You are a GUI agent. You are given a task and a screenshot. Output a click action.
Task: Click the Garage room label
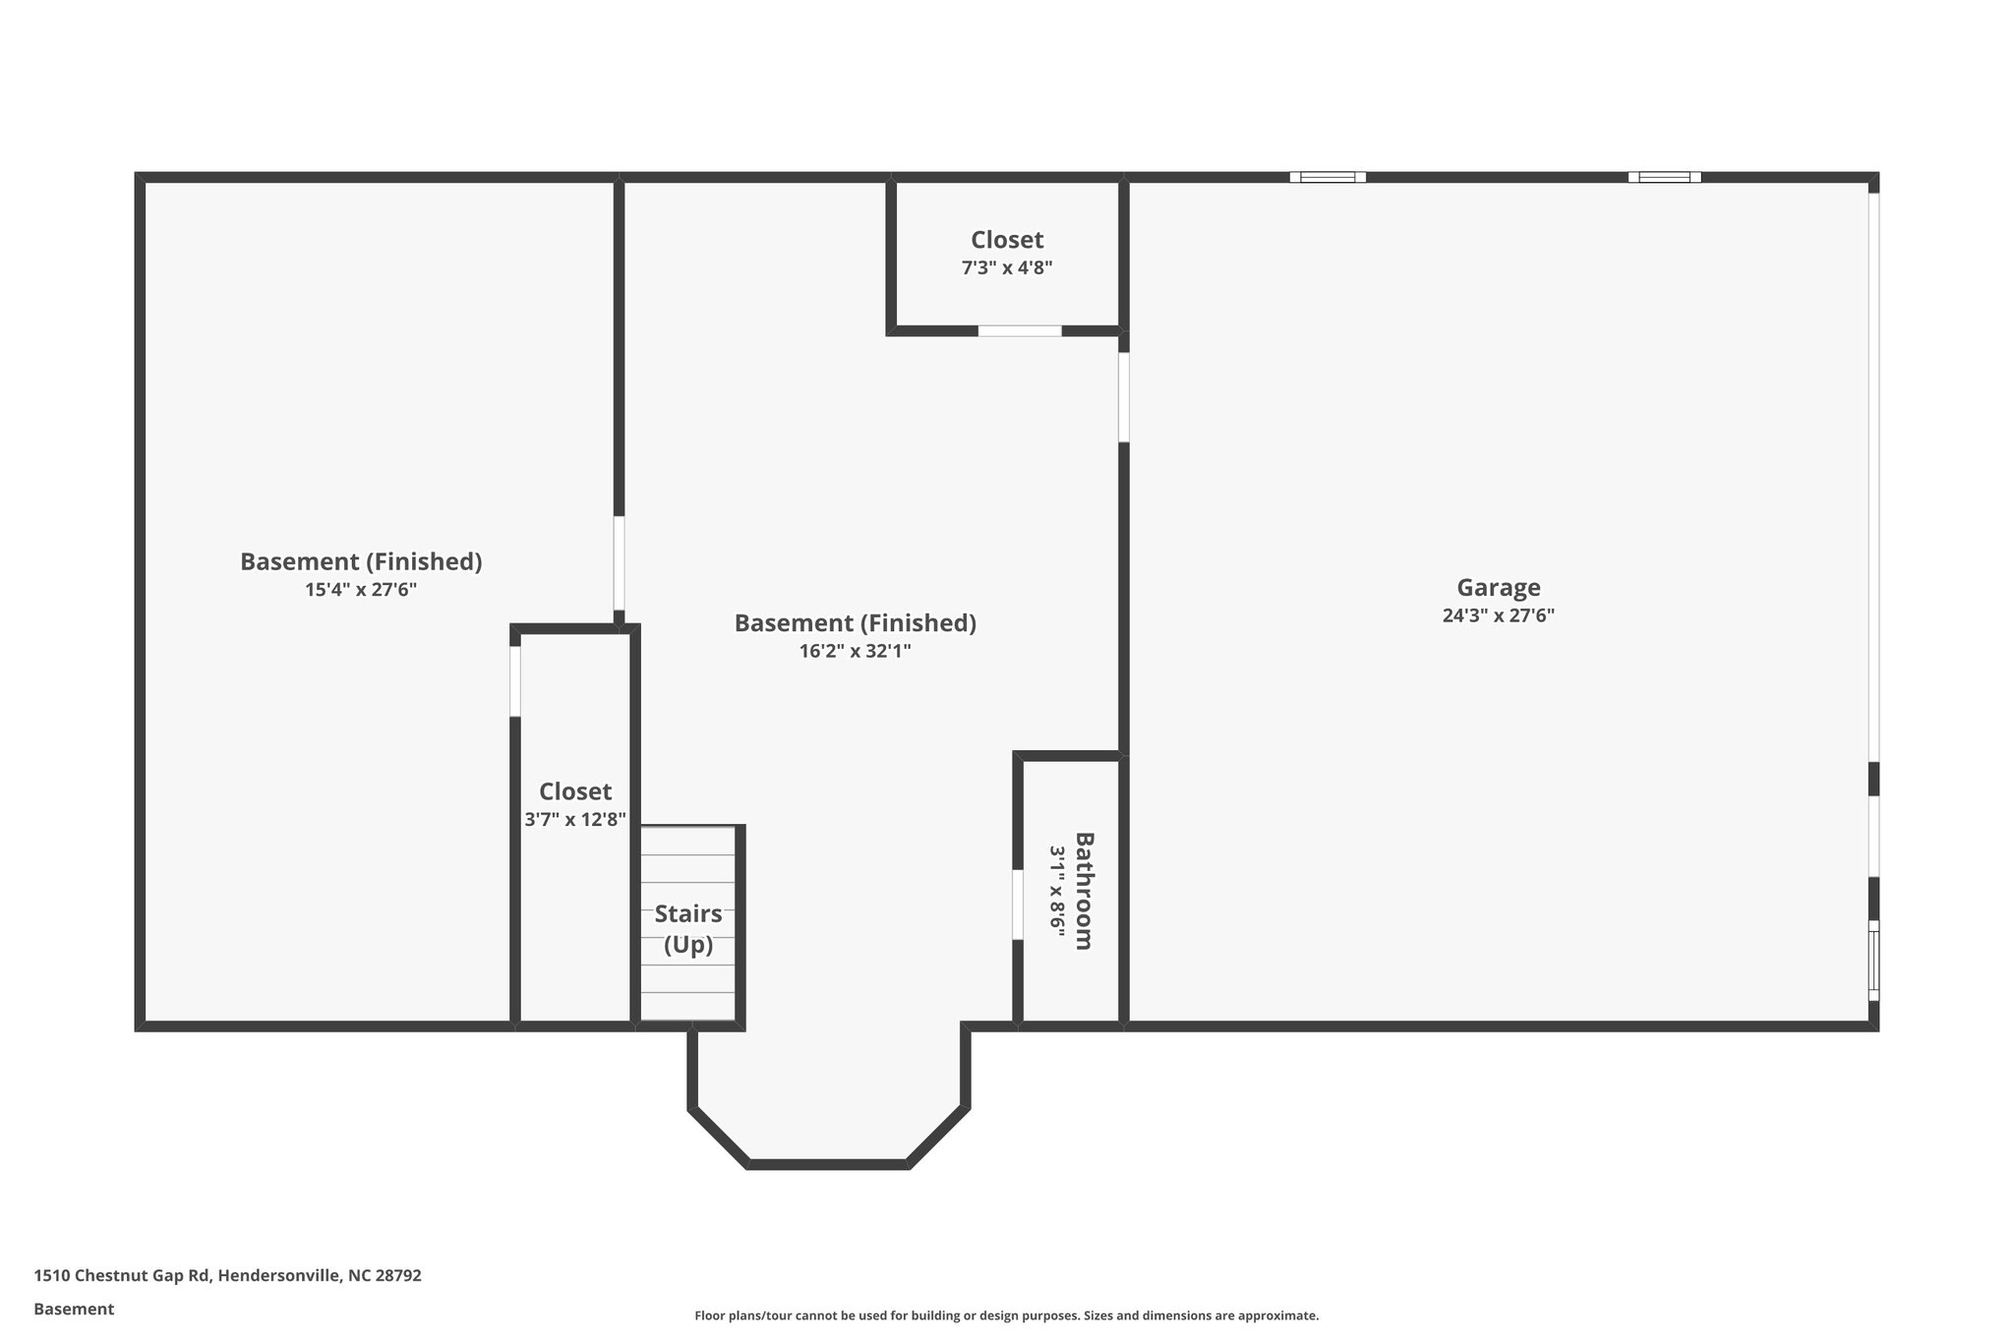point(1498,588)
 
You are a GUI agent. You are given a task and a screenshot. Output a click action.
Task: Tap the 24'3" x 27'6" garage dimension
point(1498,616)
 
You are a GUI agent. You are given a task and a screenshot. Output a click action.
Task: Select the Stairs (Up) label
point(688,929)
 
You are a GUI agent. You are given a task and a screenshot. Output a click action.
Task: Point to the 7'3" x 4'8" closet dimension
point(1007,267)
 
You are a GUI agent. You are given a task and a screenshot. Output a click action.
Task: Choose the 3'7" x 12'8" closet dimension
point(575,820)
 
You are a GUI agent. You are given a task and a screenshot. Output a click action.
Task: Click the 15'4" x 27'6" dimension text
point(361,590)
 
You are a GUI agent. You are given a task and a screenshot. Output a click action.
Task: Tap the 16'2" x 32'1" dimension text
point(855,651)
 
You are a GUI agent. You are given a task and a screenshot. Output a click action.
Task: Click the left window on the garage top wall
point(1328,177)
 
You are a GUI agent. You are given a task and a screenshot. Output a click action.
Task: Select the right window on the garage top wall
point(1664,177)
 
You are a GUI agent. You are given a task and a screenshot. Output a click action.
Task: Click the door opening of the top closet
point(1020,331)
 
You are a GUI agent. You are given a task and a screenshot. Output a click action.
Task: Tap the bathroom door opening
point(1018,904)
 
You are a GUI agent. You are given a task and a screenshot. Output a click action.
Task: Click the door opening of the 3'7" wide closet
point(514,681)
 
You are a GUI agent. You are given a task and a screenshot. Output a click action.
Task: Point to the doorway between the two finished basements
point(619,563)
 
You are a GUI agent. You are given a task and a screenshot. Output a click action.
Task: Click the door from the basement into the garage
point(1124,397)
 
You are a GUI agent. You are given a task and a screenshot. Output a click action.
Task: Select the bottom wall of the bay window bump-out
point(828,1164)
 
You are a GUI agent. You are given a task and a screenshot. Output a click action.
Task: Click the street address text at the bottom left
point(227,1275)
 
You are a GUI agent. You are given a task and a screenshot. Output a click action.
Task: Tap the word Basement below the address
point(74,1309)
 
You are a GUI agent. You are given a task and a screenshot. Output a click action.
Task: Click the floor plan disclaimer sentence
point(1006,1315)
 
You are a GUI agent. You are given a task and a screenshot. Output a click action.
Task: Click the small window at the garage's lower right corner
point(1873,960)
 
